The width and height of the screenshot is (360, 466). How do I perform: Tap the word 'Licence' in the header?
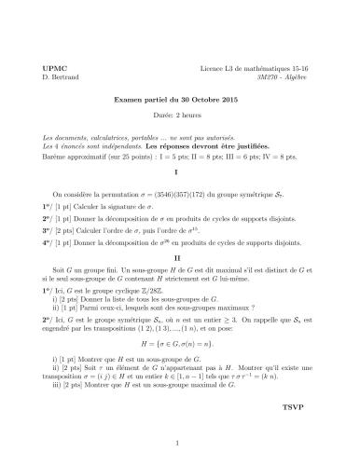214,69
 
